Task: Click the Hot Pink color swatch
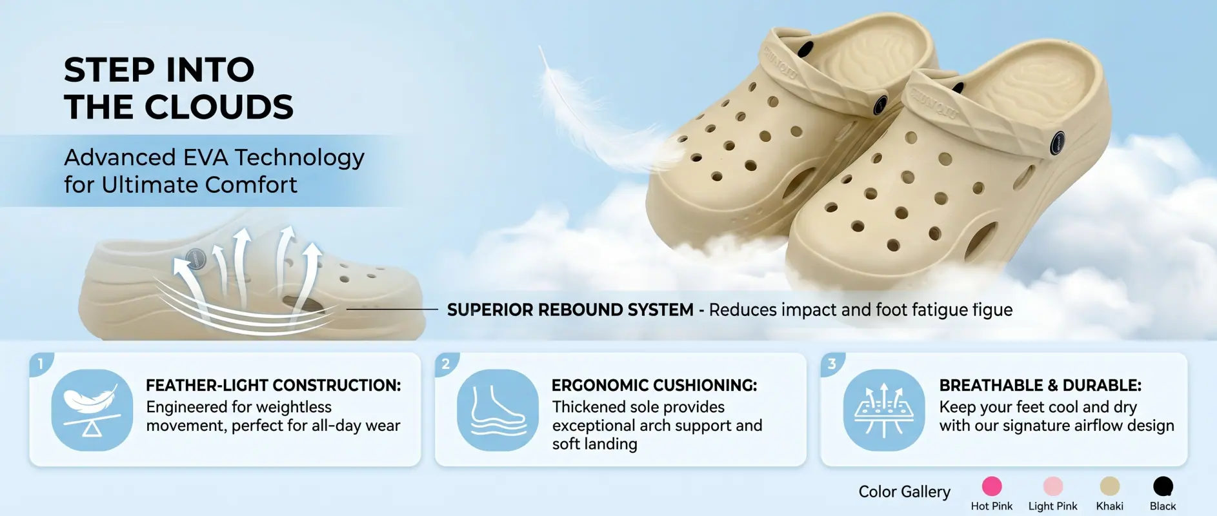click(992, 486)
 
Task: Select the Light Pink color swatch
click(1052, 486)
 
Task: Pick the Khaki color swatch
click(1109, 486)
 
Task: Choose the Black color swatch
click(1163, 486)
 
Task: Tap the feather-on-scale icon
click(92, 410)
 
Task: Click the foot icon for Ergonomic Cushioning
click(498, 410)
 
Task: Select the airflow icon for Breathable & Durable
click(883, 410)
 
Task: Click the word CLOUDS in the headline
click(219, 107)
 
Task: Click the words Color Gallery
click(904, 491)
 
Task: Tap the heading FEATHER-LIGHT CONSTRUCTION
click(273, 385)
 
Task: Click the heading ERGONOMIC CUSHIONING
click(654, 385)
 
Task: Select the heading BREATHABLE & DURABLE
click(1040, 385)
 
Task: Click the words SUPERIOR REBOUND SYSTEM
click(570, 310)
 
